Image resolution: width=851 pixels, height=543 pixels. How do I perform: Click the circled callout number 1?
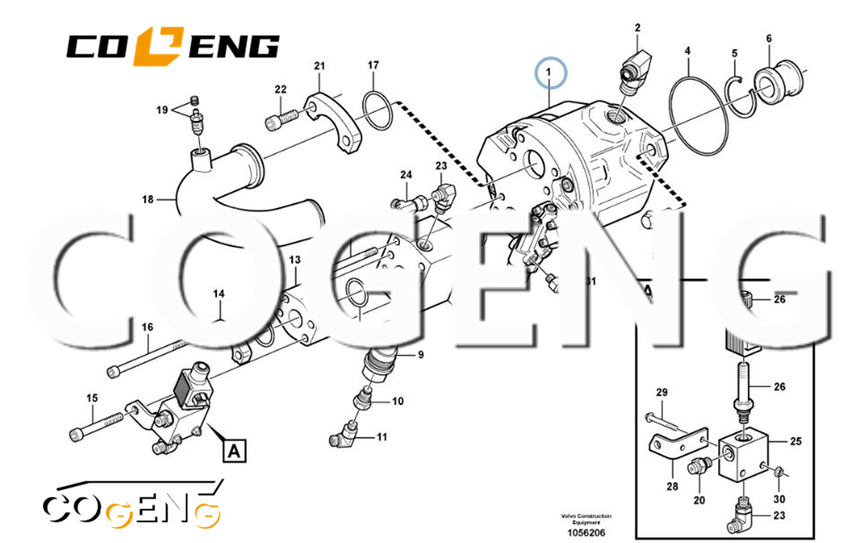coord(550,73)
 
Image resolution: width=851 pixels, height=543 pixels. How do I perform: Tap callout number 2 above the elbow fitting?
coord(637,30)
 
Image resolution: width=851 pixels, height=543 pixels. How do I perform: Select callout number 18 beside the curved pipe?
coord(147,200)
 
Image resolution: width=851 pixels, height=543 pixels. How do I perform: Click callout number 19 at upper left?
coord(161,110)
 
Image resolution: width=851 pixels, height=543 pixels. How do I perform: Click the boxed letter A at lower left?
coord(232,449)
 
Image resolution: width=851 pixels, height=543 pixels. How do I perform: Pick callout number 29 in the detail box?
coord(661,392)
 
